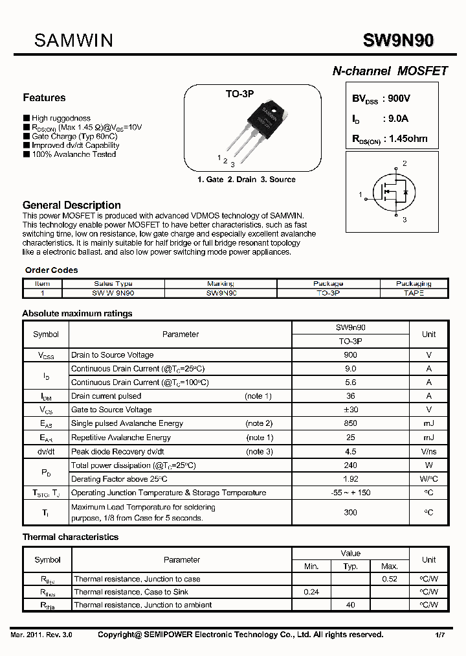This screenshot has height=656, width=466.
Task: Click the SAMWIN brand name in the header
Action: tap(73, 41)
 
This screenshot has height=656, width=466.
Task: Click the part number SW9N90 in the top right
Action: tap(398, 41)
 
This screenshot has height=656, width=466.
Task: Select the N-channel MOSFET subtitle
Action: tap(390, 71)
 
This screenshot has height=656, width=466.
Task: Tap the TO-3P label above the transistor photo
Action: tap(239, 95)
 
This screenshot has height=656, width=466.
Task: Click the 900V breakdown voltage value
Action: tap(396, 99)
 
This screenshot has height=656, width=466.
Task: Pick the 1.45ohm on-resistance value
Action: tap(405, 139)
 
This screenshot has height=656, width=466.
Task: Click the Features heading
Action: tap(44, 98)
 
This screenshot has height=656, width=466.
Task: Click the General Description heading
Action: tap(72, 205)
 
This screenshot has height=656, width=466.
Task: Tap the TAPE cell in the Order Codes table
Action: tap(413, 293)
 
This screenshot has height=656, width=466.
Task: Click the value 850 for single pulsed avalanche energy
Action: tap(350, 423)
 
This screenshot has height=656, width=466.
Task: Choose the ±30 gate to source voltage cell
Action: tap(350, 410)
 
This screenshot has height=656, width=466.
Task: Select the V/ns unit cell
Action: tap(428, 451)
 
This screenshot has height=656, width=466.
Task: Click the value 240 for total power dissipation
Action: tap(350, 465)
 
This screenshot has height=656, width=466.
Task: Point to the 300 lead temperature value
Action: tap(350, 512)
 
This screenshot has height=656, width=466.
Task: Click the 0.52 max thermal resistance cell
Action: tap(389, 579)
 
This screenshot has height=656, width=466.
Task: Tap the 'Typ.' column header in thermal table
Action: tap(350, 567)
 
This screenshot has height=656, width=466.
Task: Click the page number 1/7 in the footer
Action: tap(439, 635)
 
